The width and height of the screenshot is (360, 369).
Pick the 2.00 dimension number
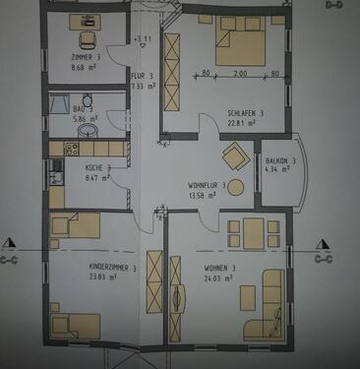pos(240,74)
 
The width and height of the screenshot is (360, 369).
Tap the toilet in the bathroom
pos(88,100)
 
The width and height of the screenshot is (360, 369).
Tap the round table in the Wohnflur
pos(236,190)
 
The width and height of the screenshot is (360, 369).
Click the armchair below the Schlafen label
pos(236,155)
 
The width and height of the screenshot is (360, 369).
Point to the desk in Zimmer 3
pos(83,21)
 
